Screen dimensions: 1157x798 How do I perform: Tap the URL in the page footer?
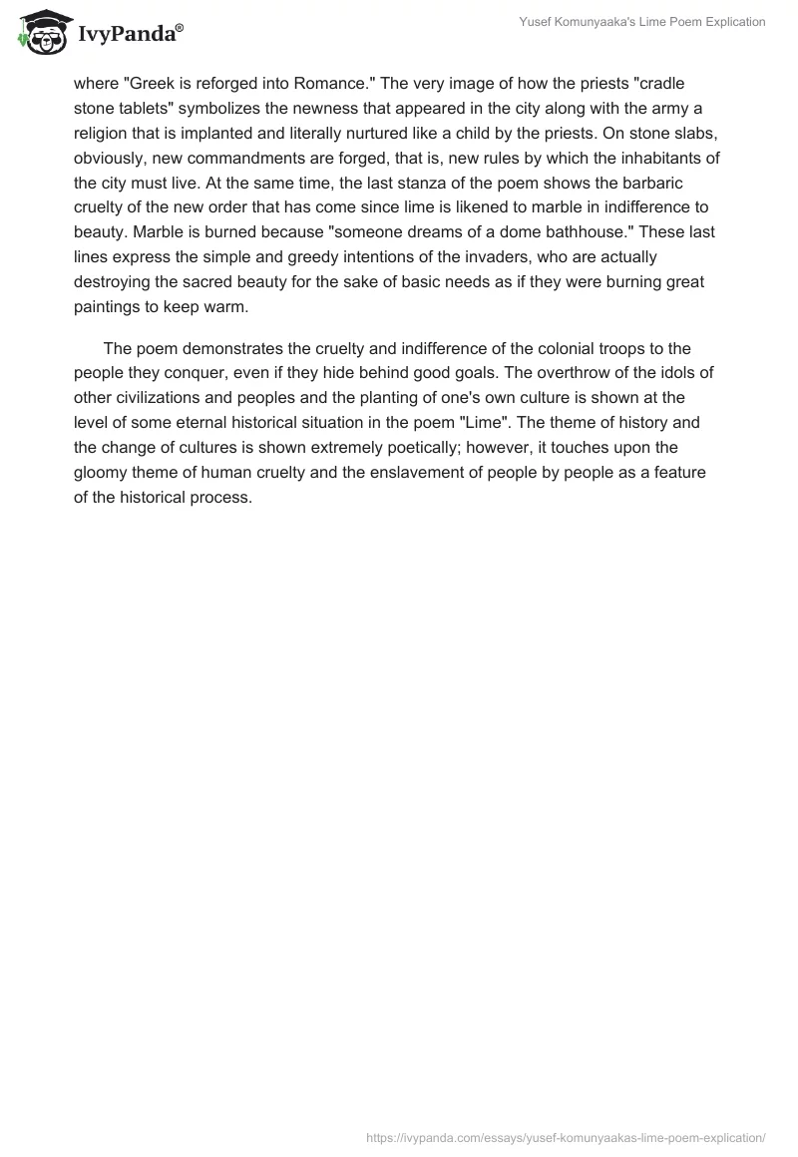point(566,1136)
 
